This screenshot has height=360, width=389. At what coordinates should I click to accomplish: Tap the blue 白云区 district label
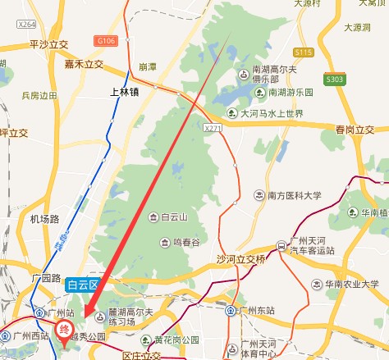(83, 285)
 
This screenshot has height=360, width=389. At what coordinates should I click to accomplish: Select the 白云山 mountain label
(175, 217)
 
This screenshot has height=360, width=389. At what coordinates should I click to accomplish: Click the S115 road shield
(304, 52)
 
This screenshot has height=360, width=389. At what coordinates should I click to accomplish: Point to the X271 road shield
(214, 129)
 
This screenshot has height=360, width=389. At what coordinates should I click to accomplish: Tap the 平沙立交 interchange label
(47, 43)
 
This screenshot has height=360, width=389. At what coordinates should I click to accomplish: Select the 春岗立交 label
(355, 130)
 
